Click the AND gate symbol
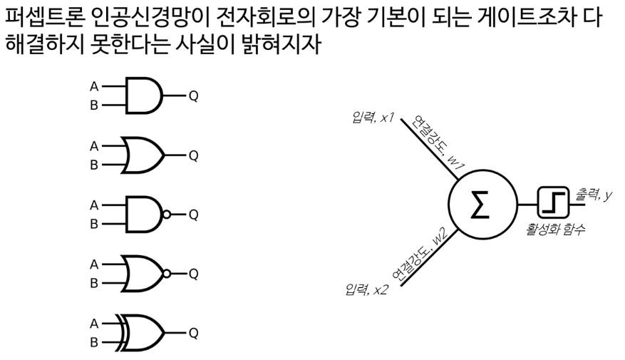(145, 95)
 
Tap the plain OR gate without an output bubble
(145, 154)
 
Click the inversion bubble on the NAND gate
(166, 214)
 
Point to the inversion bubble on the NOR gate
(166, 274)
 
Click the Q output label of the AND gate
(193, 95)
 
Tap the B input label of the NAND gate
(93, 222)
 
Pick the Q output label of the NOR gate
(193, 274)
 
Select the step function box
(552, 205)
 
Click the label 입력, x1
(373, 115)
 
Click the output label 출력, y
(594, 195)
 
